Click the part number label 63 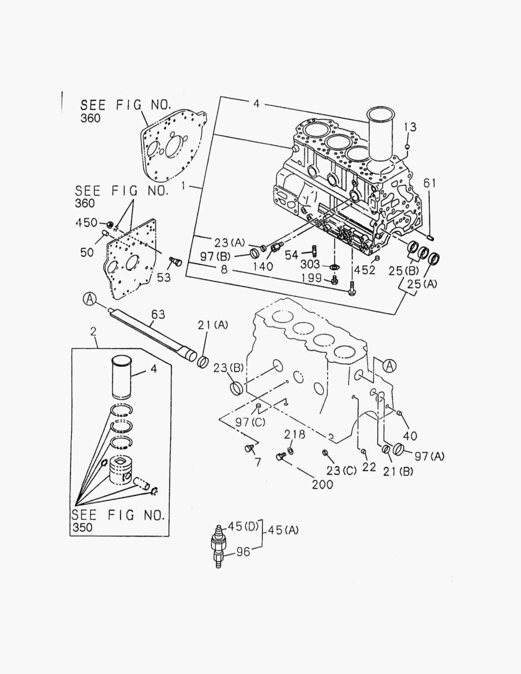[x=159, y=313]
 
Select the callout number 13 [x=409, y=128]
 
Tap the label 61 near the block [x=431, y=183]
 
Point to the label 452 [x=365, y=270]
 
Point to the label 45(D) [x=242, y=526]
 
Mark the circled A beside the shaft [x=90, y=301]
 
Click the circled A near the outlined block [x=389, y=366]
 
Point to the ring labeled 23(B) [x=237, y=388]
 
